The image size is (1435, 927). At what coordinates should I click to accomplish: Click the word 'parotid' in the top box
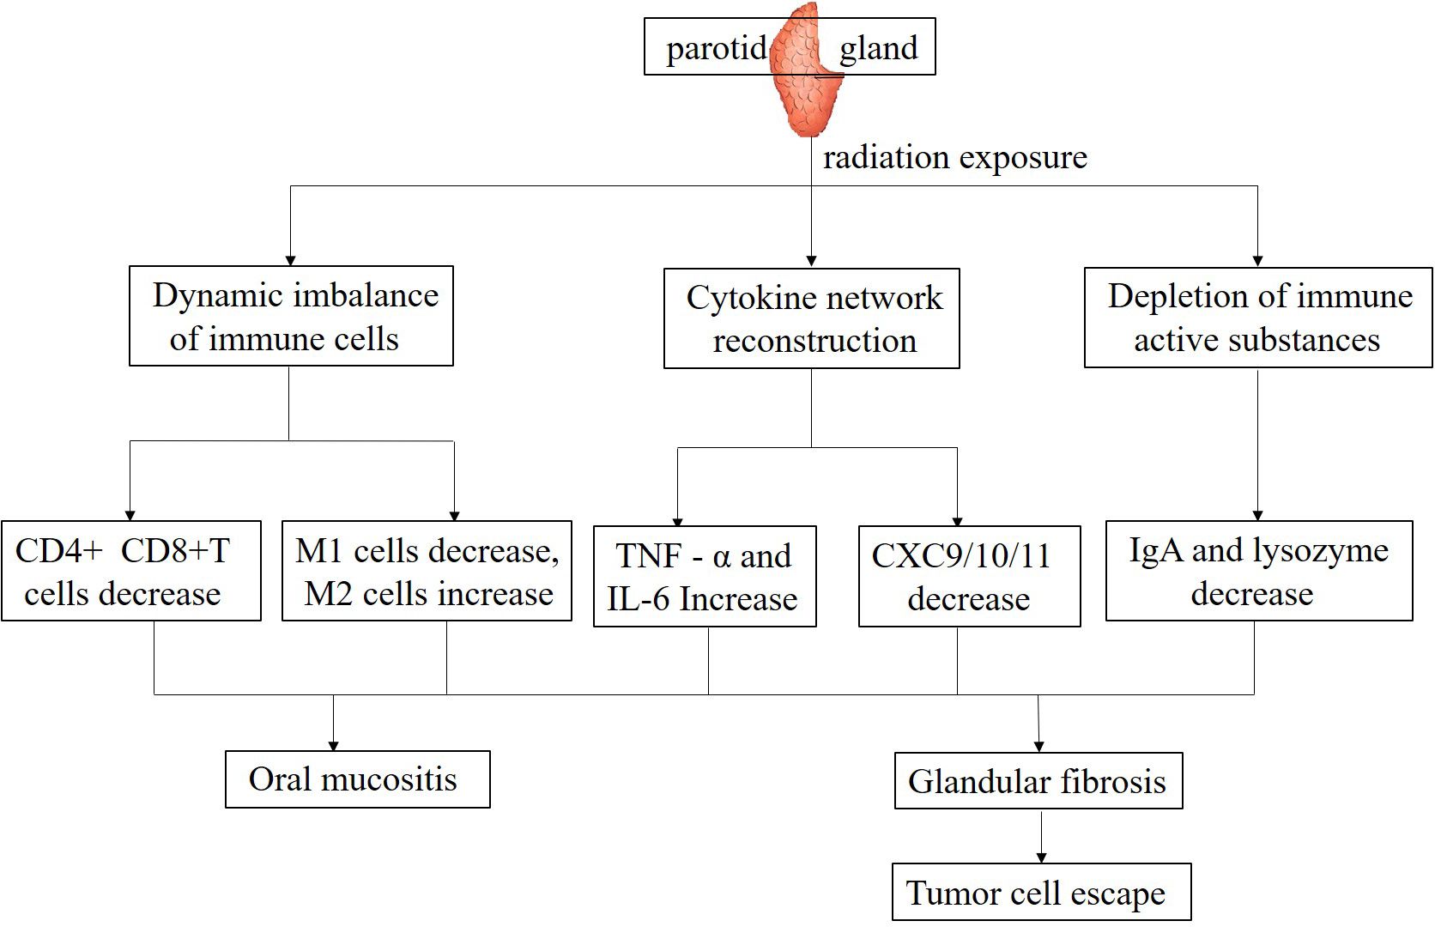point(716,48)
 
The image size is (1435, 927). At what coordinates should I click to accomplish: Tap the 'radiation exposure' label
point(954,158)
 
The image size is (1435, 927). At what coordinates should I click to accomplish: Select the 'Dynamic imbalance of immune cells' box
point(291,316)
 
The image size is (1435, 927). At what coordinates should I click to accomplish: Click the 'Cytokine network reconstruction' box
point(811,318)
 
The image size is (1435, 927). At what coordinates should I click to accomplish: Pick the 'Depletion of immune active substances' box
point(1257,318)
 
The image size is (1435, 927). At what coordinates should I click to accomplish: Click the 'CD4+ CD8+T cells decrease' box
point(131,571)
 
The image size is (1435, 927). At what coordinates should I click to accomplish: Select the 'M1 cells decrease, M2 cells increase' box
point(427,571)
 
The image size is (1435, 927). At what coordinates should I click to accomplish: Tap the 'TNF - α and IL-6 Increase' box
point(704,576)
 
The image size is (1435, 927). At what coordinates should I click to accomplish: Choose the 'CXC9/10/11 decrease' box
point(969,576)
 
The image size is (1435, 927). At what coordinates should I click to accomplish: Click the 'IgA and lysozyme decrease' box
point(1258,571)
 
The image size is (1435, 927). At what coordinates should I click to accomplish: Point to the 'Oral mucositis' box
point(357,779)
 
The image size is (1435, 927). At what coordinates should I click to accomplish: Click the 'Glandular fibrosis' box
point(1038,781)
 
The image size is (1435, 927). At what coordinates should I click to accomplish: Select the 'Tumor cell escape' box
point(1041,893)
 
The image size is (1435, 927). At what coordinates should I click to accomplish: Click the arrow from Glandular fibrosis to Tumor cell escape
point(1041,837)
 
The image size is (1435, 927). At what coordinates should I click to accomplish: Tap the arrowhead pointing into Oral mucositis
point(333,745)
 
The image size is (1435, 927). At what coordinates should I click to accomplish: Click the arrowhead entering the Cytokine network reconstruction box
point(811,261)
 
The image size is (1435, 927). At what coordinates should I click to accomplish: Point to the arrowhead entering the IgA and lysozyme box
point(1257,514)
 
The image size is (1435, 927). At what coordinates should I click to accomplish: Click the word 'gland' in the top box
point(878,48)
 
